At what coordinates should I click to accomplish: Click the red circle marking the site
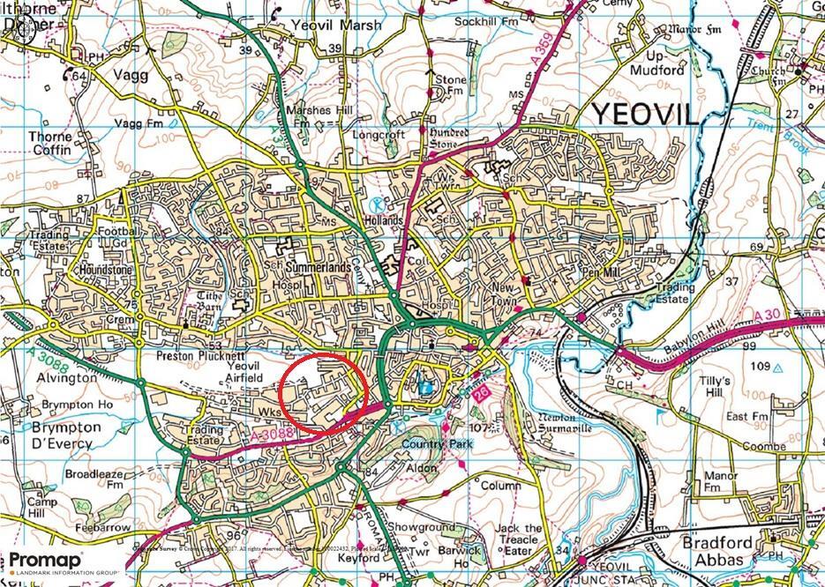point(323,394)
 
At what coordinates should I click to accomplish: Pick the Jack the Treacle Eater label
point(518,539)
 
